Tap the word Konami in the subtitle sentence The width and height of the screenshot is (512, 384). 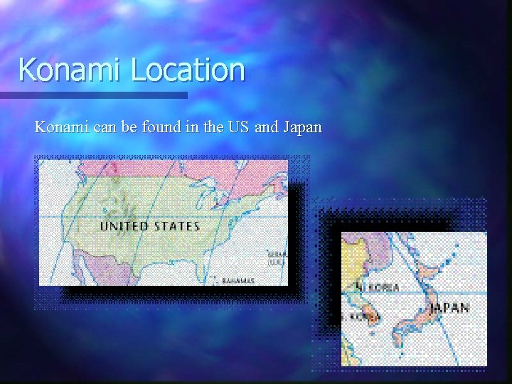[60, 127]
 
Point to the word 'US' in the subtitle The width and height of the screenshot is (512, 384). [238, 127]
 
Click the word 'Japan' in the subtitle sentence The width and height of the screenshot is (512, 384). [302, 128]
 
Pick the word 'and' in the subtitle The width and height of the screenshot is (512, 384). [266, 127]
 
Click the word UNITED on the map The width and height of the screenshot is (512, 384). [125, 226]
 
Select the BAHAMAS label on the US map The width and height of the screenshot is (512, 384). [238, 280]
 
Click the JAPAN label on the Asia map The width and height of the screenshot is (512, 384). [449, 308]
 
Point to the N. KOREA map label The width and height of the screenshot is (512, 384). [380, 288]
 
